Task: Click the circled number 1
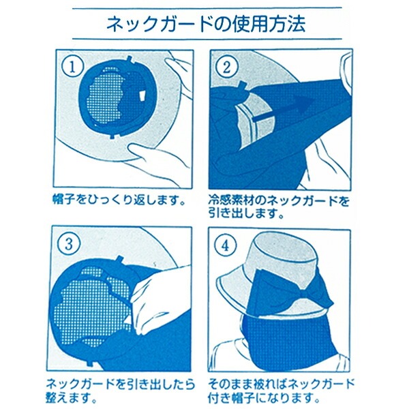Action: (x=72, y=66)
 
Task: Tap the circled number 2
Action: (x=227, y=67)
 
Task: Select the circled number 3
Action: (x=69, y=245)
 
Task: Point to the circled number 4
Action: (x=226, y=245)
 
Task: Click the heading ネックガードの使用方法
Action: (x=206, y=24)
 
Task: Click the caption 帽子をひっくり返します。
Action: (x=119, y=201)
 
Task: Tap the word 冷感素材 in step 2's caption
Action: (x=231, y=201)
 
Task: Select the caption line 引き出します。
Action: (x=246, y=214)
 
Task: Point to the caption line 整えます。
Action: (x=71, y=397)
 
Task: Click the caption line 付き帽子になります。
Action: (x=264, y=397)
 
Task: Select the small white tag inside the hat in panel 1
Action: (x=142, y=96)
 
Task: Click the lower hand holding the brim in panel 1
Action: (x=158, y=160)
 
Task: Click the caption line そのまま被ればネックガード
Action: (x=282, y=384)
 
